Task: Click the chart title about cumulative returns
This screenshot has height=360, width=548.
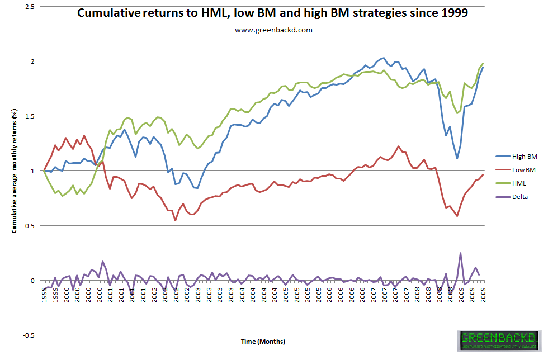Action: (x=272, y=13)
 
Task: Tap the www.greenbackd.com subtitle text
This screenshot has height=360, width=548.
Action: (x=273, y=30)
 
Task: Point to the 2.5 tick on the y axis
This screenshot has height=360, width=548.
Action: (x=30, y=6)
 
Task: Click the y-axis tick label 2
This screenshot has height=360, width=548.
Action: (x=33, y=61)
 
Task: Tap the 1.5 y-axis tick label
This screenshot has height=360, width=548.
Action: (x=30, y=116)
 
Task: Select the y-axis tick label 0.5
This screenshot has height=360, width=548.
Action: (x=30, y=226)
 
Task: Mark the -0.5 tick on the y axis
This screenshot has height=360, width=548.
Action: (x=29, y=335)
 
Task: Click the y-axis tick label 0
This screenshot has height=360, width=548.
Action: (x=33, y=281)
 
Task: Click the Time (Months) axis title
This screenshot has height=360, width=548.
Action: (x=263, y=341)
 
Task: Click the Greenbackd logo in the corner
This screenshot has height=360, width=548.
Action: (x=499, y=341)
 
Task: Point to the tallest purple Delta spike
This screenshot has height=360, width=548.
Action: (x=461, y=253)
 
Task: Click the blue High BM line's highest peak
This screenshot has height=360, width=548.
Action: (x=383, y=58)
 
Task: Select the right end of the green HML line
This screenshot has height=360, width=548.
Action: (x=483, y=63)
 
